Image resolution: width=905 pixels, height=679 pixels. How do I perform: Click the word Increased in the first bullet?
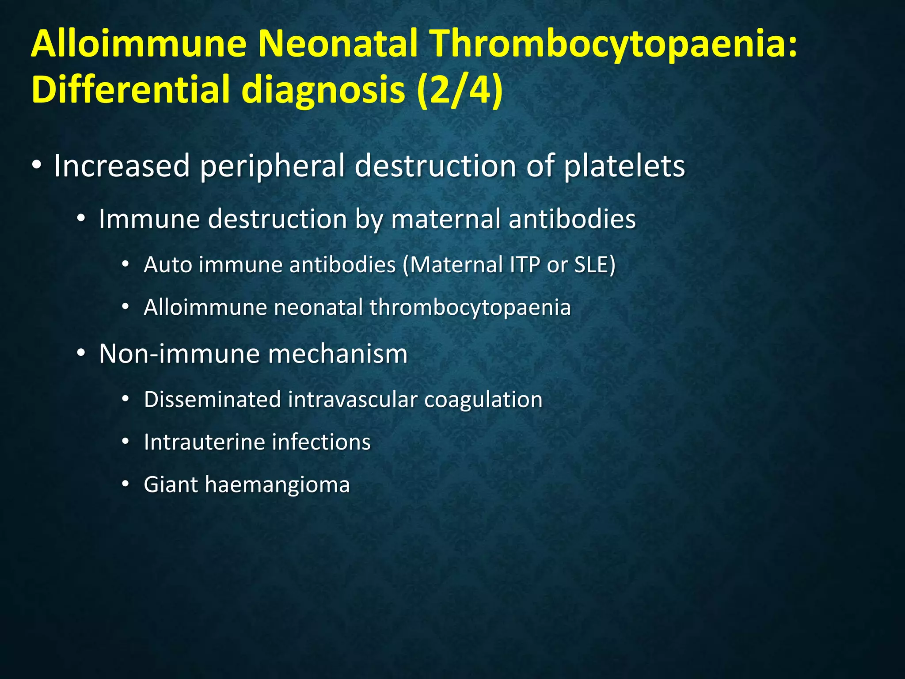[122, 166]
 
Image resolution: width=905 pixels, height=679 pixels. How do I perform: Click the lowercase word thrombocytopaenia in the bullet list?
[470, 308]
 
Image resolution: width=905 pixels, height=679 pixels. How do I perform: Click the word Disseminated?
[213, 400]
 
